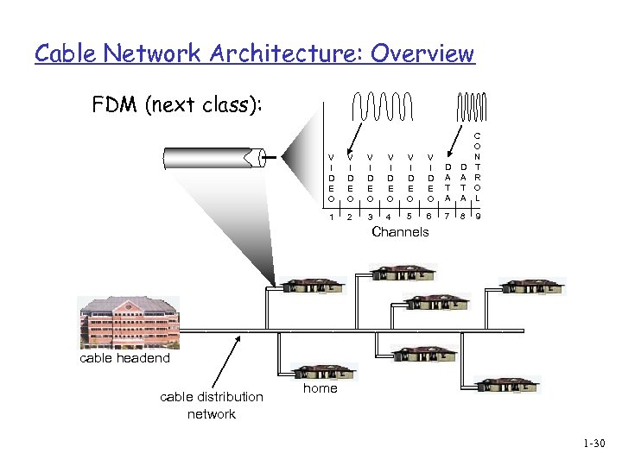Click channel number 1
tap(331, 217)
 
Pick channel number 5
tap(409, 217)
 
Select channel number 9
tap(477, 217)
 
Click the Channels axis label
tap(399, 232)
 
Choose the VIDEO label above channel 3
tap(370, 176)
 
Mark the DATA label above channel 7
tap(447, 182)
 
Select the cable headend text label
tap(125, 358)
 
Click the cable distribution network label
tap(212, 405)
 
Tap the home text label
tap(319, 388)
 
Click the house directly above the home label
tap(321, 369)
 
